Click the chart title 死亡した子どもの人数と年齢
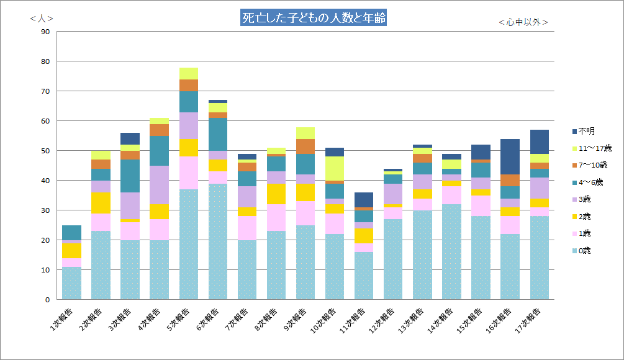(313, 18)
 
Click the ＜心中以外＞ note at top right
(523, 22)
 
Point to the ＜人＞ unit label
(42, 19)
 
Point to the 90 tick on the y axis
(45, 32)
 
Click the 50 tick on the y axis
(45, 151)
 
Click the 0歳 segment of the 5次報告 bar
(189, 245)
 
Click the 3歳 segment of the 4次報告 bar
(160, 185)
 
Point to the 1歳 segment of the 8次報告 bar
(277, 218)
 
